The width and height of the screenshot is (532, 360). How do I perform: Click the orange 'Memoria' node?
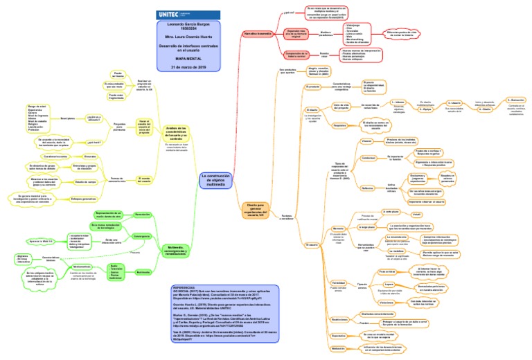click(338, 226)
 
